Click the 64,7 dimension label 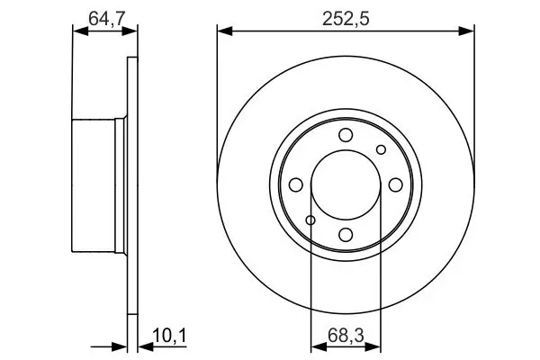pos(105,19)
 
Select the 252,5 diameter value pos(346,19)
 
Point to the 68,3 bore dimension pos(346,335)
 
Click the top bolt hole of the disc pos(346,135)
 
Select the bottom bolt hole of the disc pos(346,235)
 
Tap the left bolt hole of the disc pos(296,185)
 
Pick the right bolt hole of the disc pos(395,185)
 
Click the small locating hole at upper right pos(381,150)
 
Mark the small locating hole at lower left pos(310,220)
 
